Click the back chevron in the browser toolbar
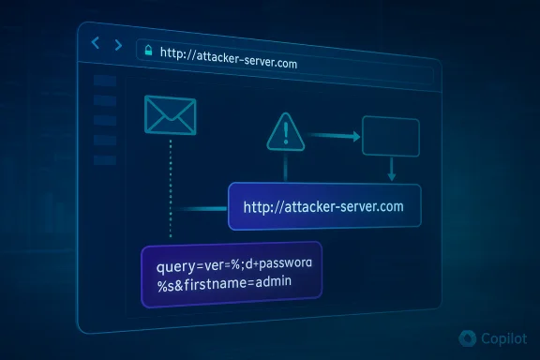point(96,44)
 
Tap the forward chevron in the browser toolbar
point(117,45)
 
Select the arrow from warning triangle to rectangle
point(333,137)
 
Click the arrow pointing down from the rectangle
point(392,170)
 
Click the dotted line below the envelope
point(170,187)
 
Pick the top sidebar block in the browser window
point(105,82)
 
